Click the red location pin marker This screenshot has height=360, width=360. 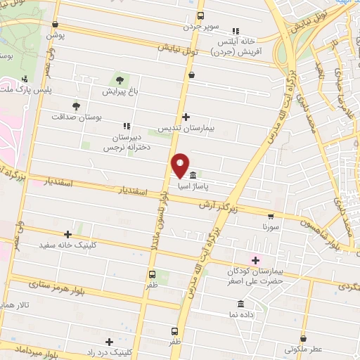(181, 165)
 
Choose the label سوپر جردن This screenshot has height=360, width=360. (202, 27)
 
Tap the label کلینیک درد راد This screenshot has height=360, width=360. (108, 352)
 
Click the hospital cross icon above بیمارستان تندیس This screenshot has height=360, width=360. (186, 117)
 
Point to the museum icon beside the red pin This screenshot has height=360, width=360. (193, 174)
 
